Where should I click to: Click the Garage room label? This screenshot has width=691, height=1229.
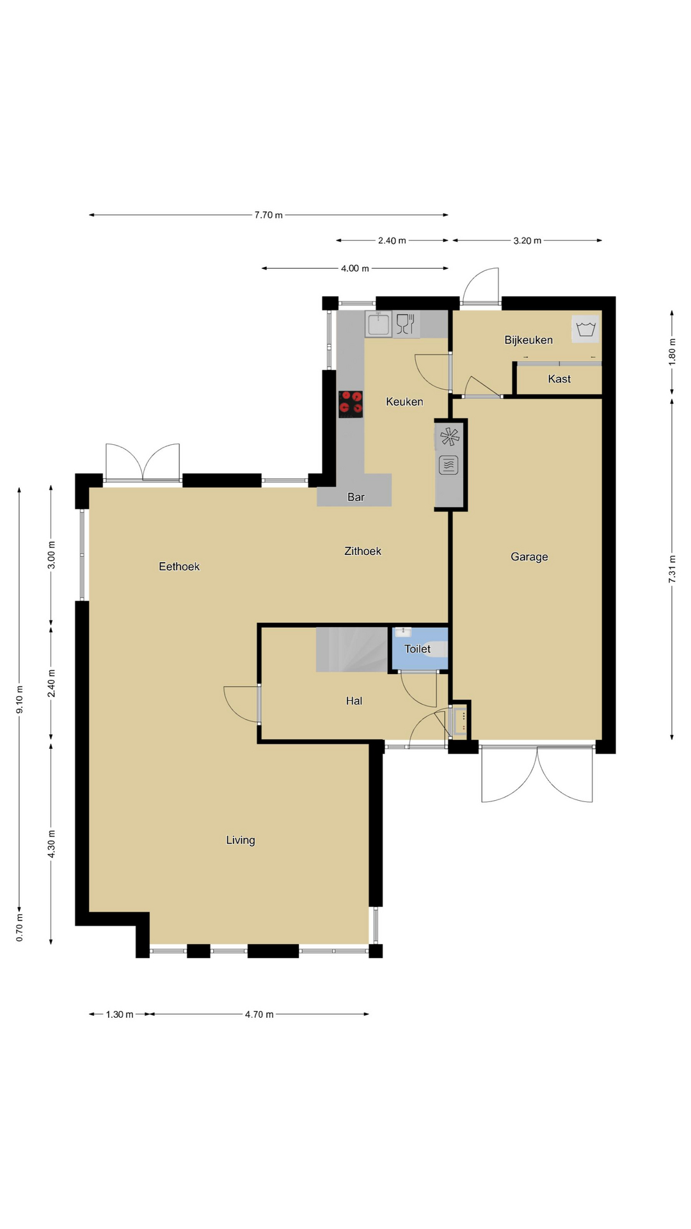tap(529, 557)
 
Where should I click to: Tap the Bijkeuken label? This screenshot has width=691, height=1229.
tap(528, 340)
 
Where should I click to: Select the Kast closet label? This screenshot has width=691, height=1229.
tap(559, 379)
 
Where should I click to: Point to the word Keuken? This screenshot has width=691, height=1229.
tap(404, 402)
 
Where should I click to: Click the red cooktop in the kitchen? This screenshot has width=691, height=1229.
tap(351, 404)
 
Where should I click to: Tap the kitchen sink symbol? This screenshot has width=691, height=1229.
tap(379, 324)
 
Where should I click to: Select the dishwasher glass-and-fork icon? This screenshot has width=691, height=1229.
tap(406, 324)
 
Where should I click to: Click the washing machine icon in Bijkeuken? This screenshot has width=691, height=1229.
tap(586, 329)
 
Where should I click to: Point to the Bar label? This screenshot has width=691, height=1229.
tap(356, 497)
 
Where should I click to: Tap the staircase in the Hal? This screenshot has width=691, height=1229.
tap(352, 650)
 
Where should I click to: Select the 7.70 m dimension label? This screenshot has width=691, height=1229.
tap(269, 215)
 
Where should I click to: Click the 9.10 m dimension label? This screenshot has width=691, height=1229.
tap(20, 699)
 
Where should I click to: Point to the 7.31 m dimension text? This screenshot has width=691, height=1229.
tap(672, 569)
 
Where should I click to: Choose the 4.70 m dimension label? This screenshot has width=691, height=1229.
tap(259, 1015)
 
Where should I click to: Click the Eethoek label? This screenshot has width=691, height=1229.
tap(179, 566)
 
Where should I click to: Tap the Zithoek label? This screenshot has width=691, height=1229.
tap(363, 551)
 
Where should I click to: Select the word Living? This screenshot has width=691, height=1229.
tap(241, 840)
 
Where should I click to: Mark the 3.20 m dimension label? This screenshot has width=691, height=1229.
tap(527, 241)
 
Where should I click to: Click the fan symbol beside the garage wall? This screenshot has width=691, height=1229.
tap(450, 437)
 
